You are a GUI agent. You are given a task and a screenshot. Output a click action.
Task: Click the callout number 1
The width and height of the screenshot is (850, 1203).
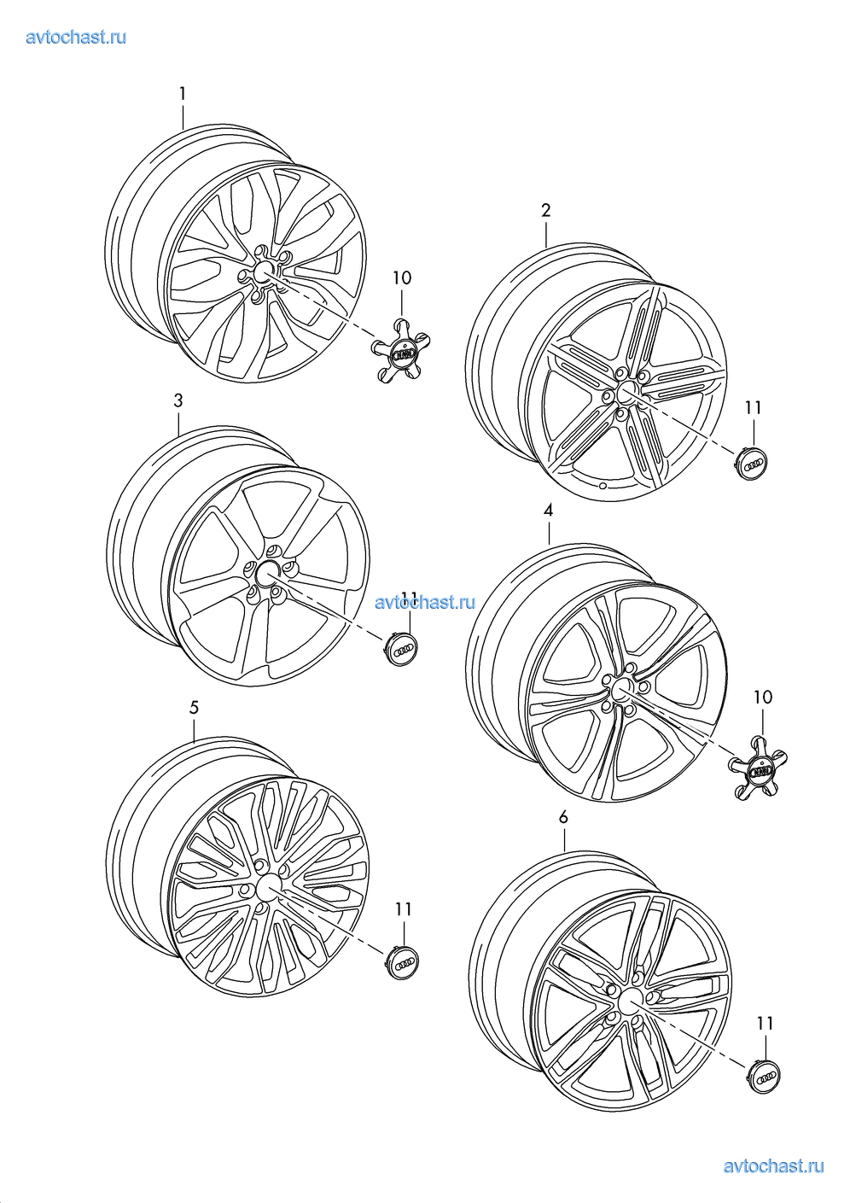[x=183, y=94]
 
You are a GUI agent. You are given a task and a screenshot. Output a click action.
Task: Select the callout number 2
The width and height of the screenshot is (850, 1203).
[x=545, y=211]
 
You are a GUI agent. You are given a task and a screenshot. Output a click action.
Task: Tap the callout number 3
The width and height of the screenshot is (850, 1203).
[x=178, y=400]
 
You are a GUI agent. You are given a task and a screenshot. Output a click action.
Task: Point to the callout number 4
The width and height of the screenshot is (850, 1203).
[x=548, y=511]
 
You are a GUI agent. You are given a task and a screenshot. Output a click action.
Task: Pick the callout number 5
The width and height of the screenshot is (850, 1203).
[x=194, y=708]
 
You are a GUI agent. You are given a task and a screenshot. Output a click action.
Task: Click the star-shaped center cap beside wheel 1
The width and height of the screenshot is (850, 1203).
[x=401, y=351]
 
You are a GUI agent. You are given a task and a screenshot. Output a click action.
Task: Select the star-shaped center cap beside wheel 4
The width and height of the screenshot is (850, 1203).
[x=759, y=769]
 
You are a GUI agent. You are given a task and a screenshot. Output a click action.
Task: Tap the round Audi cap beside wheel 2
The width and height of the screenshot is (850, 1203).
[x=751, y=463]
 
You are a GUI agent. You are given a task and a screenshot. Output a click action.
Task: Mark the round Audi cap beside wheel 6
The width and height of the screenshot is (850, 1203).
[x=764, y=1076]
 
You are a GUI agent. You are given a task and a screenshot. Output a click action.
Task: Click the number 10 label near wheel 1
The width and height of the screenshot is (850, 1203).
[x=402, y=277]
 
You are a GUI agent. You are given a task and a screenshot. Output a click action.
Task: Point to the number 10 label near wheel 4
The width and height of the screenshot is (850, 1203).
[x=763, y=697]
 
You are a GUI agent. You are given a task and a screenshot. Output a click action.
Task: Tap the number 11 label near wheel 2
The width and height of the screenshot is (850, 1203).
[x=753, y=407]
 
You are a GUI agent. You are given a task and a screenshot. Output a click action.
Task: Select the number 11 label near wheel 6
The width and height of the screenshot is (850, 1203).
[x=766, y=1024]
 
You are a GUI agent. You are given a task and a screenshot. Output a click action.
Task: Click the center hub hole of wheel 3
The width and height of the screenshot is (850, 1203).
[x=267, y=574]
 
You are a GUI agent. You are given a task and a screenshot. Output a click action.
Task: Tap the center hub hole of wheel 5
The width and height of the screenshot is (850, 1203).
[x=268, y=889]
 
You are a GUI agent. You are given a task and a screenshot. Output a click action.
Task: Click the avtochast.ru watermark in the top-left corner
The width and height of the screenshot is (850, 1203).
[x=76, y=37]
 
